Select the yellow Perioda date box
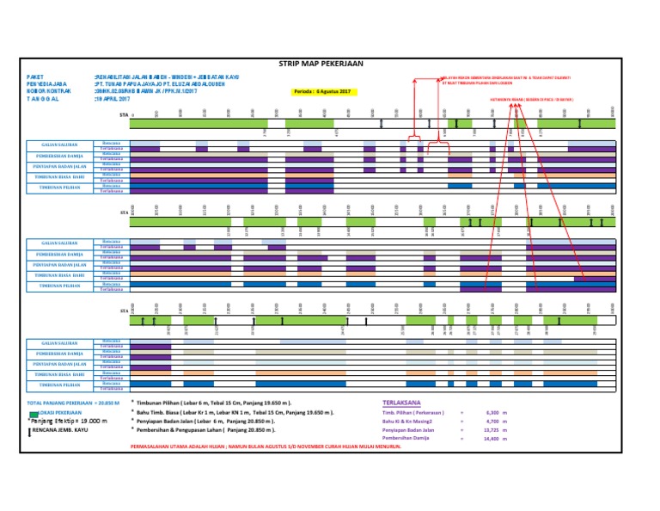point(321,91)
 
